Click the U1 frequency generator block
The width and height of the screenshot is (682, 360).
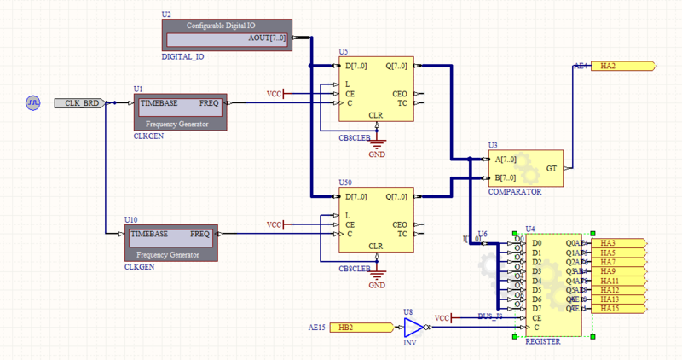pos(181,112)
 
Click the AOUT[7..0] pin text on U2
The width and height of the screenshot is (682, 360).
pos(267,39)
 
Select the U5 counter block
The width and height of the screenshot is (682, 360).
pos(376,90)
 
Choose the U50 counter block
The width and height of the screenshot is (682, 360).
pos(376,221)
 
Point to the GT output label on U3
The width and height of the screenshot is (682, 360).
pos(551,167)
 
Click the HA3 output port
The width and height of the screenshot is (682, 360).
pos(619,244)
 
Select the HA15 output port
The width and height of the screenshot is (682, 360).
pos(619,308)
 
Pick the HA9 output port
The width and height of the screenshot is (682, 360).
pos(619,271)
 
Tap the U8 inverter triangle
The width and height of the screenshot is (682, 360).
pos(413,328)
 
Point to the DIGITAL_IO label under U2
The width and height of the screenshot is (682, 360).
pos(182,57)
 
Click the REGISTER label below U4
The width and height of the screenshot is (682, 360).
pos(543,340)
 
